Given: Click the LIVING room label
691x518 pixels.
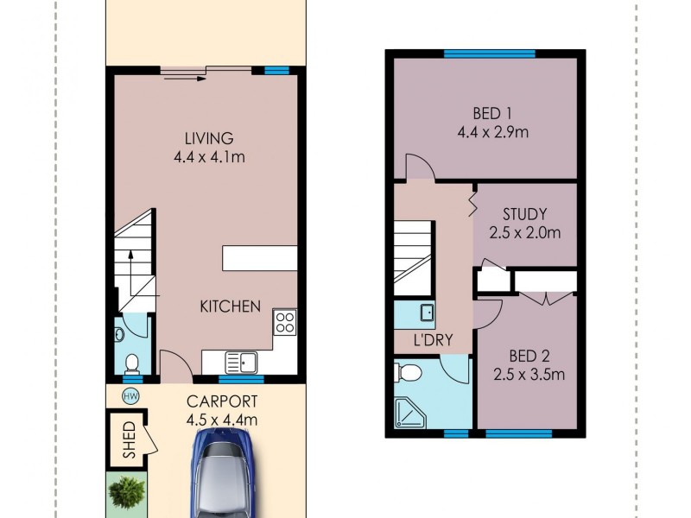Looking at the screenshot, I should (x=209, y=138).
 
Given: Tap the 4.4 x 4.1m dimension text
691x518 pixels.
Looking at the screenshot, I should (x=209, y=157).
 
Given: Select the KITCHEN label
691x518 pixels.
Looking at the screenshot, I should (x=231, y=306).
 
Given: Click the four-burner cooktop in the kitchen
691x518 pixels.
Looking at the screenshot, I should (x=284, y=323).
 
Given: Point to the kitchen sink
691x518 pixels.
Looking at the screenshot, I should (x=235, y=362).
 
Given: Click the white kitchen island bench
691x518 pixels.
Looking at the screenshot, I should (x=260, y=258).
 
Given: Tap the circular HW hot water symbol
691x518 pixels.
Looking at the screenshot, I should (x=131, y=396).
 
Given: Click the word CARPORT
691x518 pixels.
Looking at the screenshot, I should (x=222, y=401).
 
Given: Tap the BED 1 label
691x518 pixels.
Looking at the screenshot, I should (x=491, y=113).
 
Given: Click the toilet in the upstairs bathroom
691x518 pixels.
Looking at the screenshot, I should (x=409, y=371).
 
